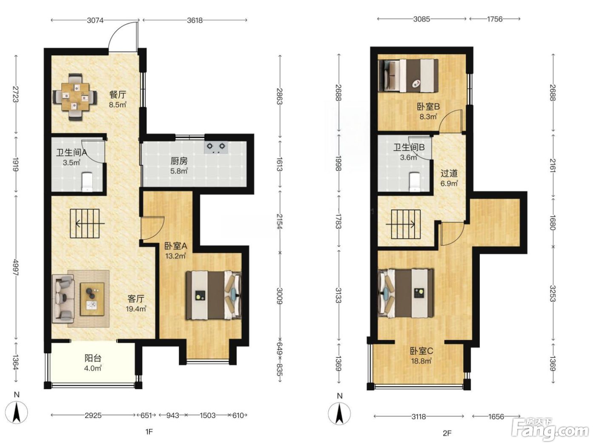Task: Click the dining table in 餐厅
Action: tap(75, 96)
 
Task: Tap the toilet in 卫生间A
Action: tap(87, 181)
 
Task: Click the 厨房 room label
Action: tap(179, 161)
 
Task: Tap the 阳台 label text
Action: tap(93, 358)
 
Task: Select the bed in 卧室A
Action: tap(213, 295)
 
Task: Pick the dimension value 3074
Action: tap(95, 20)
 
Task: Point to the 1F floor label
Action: tap(149, 432)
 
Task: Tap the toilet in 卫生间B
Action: tap(414, 181)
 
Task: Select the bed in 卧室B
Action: tap(408, 76)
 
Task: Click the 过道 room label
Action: tap(449, 173)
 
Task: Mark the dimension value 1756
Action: tap(494, 19)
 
